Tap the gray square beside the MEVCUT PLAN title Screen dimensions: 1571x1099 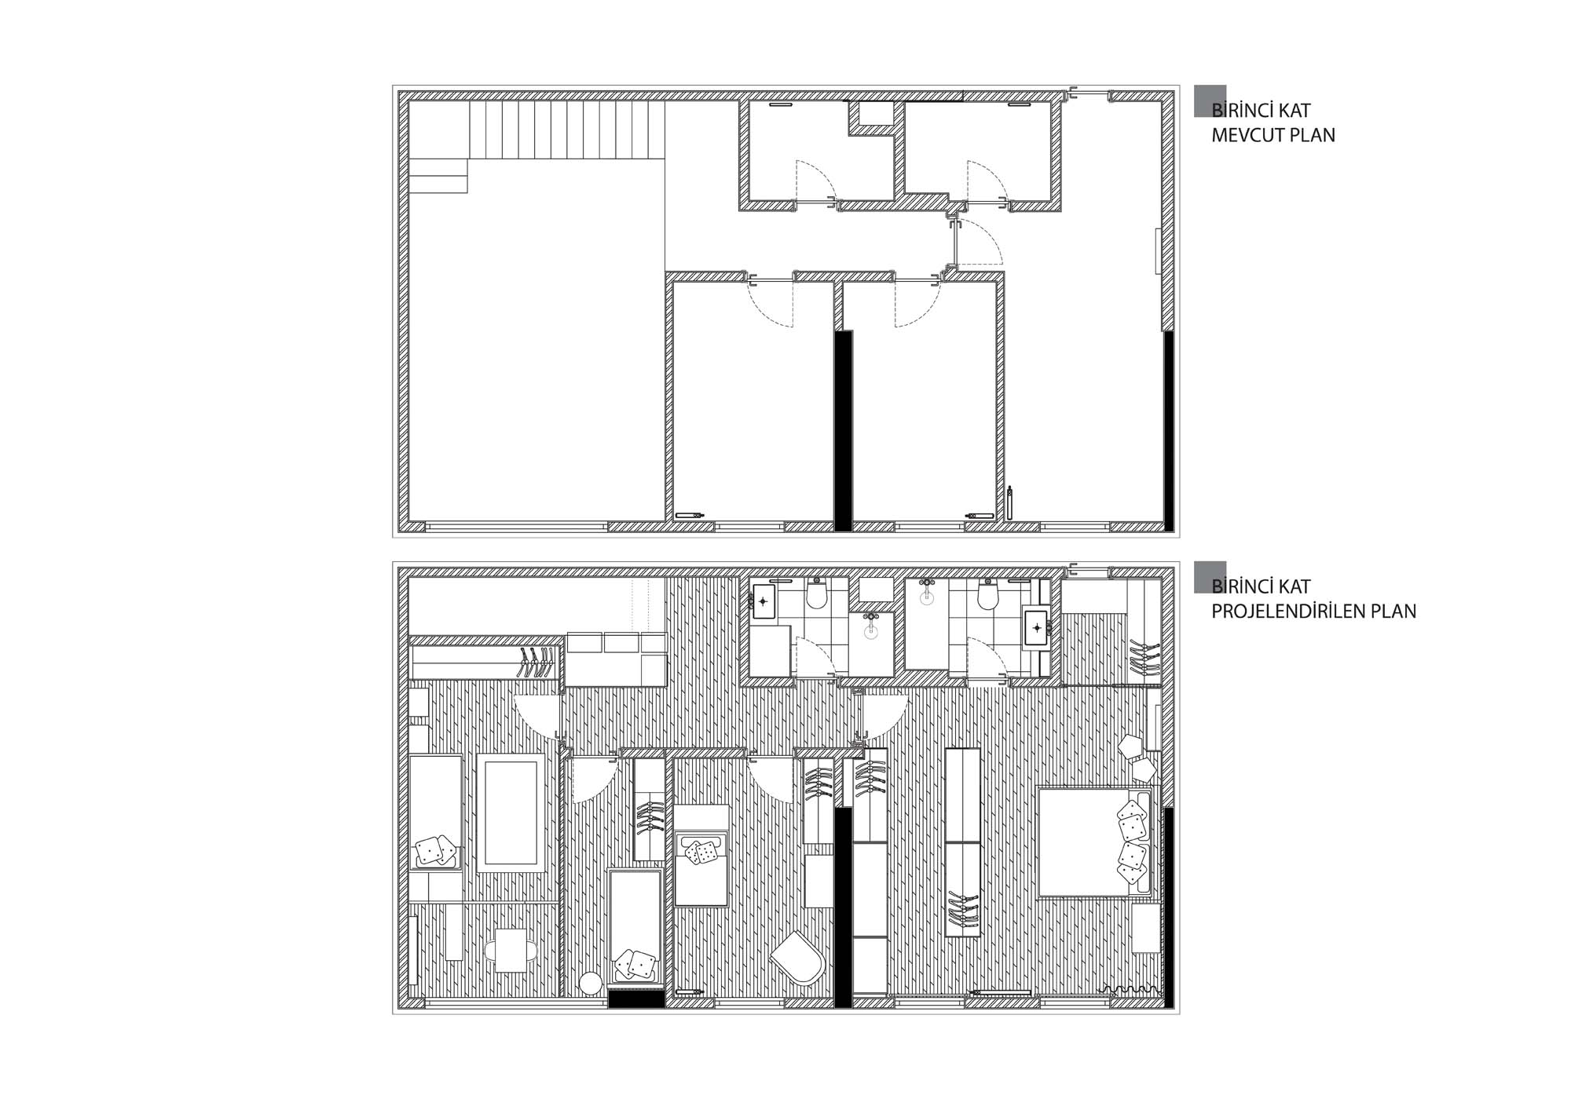1210,101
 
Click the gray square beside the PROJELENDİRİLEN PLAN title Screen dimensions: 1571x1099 1210,577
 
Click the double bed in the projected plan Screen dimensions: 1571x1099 1094,842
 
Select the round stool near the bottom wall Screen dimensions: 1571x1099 591,984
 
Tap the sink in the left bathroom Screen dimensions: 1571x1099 763,601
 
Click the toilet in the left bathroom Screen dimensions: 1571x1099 817,594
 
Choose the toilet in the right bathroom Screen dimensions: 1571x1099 988,594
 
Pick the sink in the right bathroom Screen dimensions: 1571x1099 1038,628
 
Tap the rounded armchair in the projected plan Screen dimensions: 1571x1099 796,958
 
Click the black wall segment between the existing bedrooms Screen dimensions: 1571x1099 843,430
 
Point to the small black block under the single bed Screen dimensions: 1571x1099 637,999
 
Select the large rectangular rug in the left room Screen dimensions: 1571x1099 511,813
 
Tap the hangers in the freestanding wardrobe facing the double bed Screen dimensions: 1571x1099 964,913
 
